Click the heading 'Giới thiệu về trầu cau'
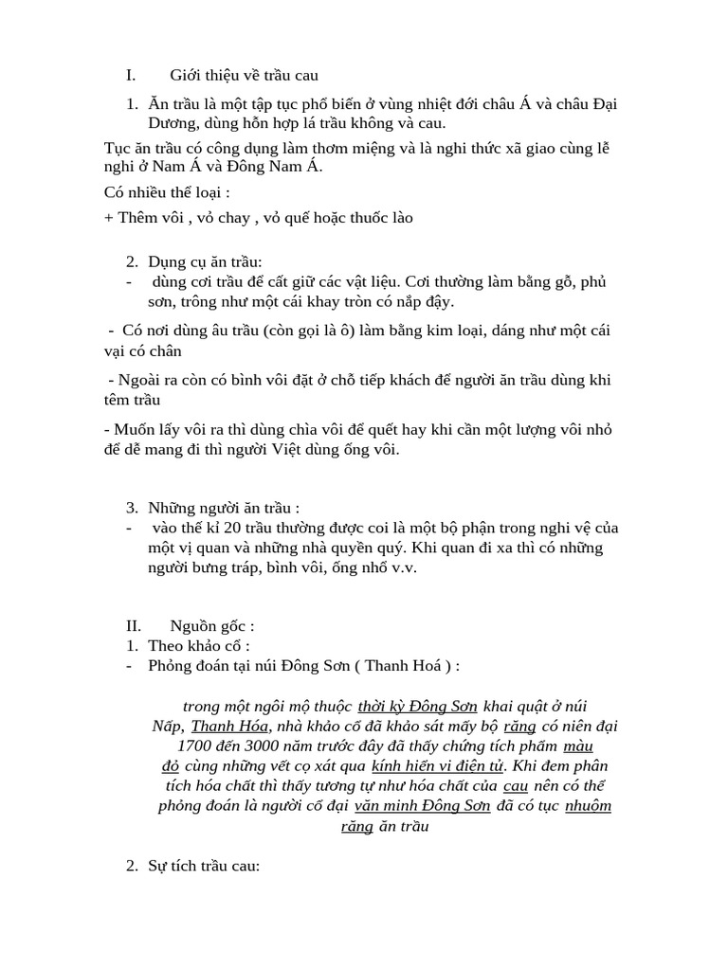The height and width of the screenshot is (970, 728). click(244, 75)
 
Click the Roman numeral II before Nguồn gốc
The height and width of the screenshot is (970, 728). click(134, 625)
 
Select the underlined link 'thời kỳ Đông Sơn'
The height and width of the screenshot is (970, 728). click(418, 706)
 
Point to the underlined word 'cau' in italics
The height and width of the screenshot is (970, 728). click(515, 785)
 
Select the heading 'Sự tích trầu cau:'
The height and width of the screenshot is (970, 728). click(204, 867)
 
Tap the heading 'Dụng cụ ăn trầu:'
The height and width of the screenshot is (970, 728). click(206, 261)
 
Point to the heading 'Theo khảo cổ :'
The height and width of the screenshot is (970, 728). click(199, 645)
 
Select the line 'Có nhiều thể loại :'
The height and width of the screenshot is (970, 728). click(167, 193)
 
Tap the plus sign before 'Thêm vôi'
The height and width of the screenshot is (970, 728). click(108, 217)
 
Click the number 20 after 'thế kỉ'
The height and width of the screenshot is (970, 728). click(233, 528)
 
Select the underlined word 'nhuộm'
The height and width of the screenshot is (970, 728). click(588, 805)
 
